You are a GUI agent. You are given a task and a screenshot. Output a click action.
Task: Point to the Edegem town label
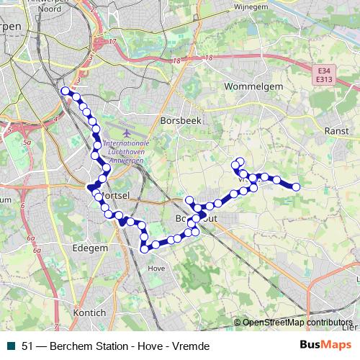tap(91, 247)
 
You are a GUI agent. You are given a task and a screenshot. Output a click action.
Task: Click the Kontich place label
tap(89, 313)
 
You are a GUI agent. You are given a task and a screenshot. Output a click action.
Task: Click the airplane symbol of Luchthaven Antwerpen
tap(127, 133)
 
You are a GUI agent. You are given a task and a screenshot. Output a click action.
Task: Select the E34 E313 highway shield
tap(325, 74)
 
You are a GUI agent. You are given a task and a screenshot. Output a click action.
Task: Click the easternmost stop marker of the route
tap(295, 187)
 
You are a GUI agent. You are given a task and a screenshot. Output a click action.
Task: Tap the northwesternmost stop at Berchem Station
tap(66, 91)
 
